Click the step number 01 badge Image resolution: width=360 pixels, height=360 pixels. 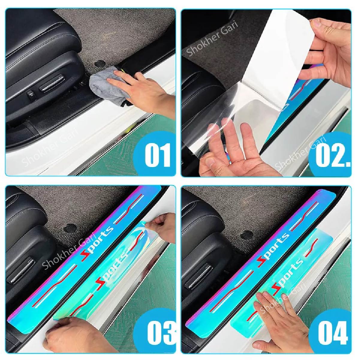pyautogui.click(x=157, y=155)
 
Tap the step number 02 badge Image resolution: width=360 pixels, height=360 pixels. pyautogui.click(x=332, y=155)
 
